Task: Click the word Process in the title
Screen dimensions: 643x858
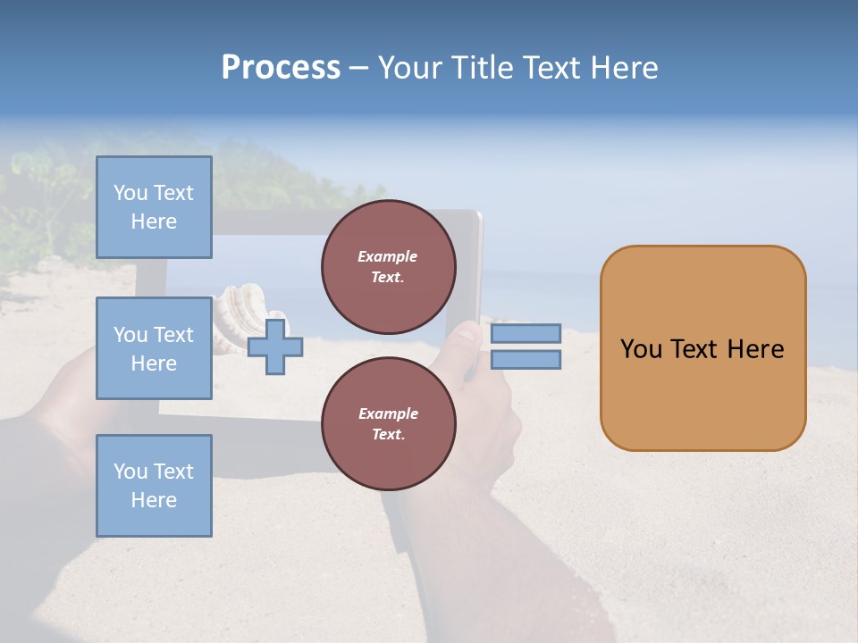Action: (281, 68)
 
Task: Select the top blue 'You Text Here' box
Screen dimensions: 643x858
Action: (154, 207)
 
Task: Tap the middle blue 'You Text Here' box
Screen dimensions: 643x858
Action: (154, 348)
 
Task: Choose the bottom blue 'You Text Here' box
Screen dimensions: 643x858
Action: (154, 485)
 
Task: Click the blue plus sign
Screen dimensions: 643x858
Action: (275, 347)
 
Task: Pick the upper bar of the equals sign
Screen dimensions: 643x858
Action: (526, 333)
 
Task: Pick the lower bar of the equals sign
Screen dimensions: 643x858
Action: (526, 360)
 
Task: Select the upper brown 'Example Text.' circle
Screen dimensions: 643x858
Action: (388, 267)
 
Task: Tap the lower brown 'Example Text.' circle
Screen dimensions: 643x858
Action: (388, 423)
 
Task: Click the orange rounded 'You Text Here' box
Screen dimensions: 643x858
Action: (702, 348)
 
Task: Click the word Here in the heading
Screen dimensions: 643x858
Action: (623, 68)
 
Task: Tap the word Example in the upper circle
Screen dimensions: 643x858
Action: (388, 256)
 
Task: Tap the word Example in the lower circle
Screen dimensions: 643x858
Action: (388, 413)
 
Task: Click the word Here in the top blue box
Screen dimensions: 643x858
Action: (154, 221)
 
